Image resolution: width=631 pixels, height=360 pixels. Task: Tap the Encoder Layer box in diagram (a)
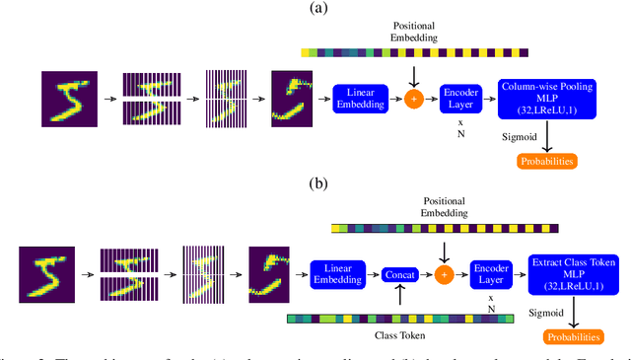click(460, 99)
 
